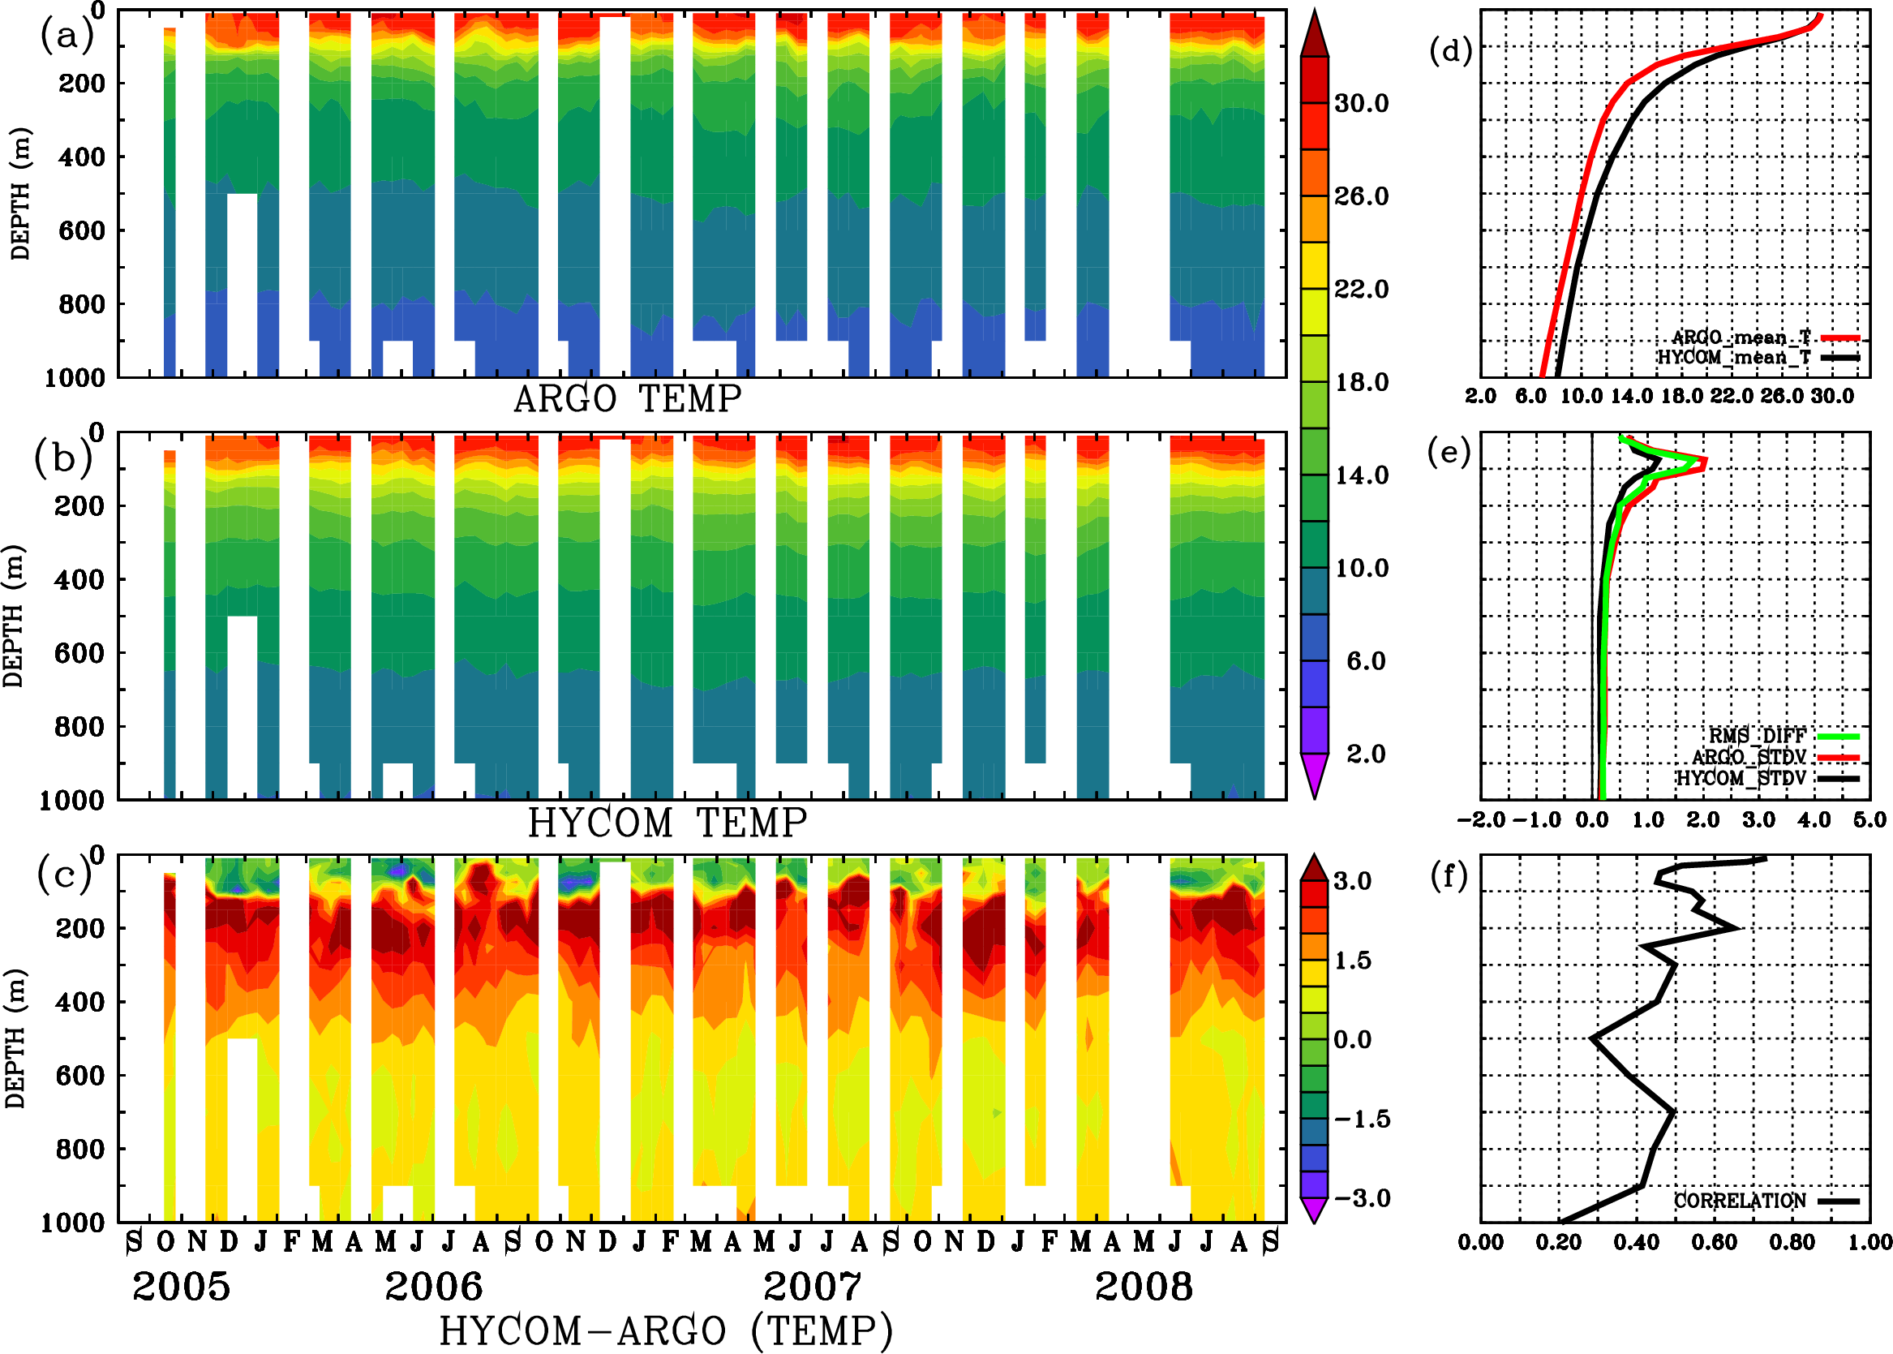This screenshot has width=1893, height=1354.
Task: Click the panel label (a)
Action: click(67, 35)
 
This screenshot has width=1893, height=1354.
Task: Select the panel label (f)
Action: click(1449, 875)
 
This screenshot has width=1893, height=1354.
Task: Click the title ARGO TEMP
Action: click(627, 399)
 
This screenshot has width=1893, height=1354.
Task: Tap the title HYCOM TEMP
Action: click(667, 823)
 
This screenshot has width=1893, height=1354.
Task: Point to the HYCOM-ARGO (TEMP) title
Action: click(665, 1330)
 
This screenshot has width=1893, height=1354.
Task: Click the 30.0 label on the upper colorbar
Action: click(1361, 103)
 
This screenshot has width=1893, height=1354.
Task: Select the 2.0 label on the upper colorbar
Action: click(1365, 754)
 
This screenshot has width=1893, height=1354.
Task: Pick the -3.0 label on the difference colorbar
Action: click(1362, 1198)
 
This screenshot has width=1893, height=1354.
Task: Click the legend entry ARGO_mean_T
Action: click(1741, 337)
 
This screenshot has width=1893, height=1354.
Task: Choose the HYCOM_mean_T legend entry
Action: click(1734, 358)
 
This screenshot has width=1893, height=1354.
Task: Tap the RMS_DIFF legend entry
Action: click(1757, 736)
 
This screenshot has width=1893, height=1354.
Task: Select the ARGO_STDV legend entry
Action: click(1749, 757)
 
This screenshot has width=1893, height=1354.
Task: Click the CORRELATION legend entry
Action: click(1740, 1201)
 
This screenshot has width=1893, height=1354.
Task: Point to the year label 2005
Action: click(181, 1287)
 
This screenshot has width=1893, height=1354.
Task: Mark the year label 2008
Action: click(1143, 1287)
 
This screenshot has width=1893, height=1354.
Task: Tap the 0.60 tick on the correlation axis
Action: click(1714, 1242)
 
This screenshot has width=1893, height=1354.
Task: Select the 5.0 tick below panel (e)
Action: click(1869, 819)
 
